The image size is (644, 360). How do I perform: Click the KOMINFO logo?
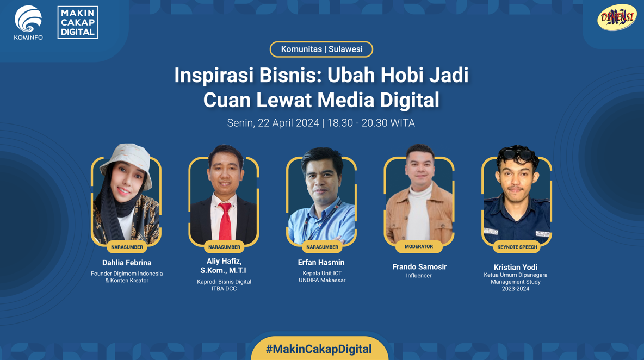pyautogui.click(x=28, y=23)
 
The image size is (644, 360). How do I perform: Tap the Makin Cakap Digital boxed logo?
pyautogui.click(x=78, y=23)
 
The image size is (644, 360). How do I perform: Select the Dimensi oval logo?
pyautogui.click(x=616, y=17)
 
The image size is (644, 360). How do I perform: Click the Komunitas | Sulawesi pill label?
pyautogui.click(x=321, y=49)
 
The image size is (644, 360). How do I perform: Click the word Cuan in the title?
pyautogui.click(x=226, y=100)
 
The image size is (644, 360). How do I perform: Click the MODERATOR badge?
pyautogui.click(x=419, y=247)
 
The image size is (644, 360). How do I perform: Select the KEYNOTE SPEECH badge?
pyautogui.click(x=517, y=247)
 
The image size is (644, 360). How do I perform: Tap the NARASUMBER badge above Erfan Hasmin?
pyautogui.click(x=322, y=247)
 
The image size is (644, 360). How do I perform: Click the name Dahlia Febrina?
pyautogui.click(x=127, y=263)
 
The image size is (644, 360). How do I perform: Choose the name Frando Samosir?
pyautogui.click(x=419, y=267)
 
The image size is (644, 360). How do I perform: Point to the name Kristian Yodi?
pyautogui.click(x=516, y=267)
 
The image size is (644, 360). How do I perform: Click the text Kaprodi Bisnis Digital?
pyautogui.click(x=224, y=282)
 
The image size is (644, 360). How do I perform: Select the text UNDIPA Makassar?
pyautogui.click(x=322, y=280)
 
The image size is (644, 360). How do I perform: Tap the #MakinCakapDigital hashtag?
pyautogui.click(x=319, y=349)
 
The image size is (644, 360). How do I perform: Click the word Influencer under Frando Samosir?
pyautogui.click(x=419, y=276)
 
